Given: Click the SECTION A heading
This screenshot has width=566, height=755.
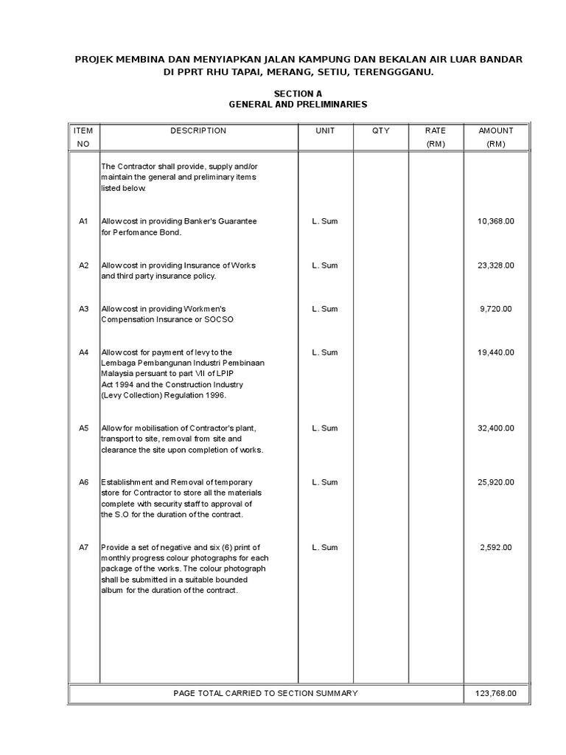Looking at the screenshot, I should point(298,94).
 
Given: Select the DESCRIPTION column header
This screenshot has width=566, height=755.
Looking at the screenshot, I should point(198,131).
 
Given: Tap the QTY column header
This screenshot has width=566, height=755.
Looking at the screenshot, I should point(381,131).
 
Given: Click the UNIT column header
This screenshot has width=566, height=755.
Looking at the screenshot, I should point(325,131).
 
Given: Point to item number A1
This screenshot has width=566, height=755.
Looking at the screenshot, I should point(83,221).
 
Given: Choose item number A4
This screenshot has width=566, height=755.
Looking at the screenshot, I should point(83,352).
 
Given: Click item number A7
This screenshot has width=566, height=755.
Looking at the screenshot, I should point(83,547).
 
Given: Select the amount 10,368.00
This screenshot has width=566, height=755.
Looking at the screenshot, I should point(496,221).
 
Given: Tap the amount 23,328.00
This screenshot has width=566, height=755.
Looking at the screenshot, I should point(496,265).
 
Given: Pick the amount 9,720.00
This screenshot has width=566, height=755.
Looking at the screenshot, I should point(496,309).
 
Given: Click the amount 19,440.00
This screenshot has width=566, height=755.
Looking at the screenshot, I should point(496,352).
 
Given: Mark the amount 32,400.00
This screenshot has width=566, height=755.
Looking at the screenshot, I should point(496,428).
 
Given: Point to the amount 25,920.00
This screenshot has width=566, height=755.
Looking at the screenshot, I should point(496,482).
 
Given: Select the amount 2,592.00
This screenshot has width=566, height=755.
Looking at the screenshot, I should point(496,547).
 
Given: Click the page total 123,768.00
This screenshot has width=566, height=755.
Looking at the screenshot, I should point(496,693).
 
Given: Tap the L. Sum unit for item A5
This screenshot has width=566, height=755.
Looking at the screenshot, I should point(325,428).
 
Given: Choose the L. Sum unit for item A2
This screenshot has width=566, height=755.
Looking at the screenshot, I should point(325,265).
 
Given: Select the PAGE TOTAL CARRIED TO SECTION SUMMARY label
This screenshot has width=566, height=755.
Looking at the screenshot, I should point(265,693).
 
